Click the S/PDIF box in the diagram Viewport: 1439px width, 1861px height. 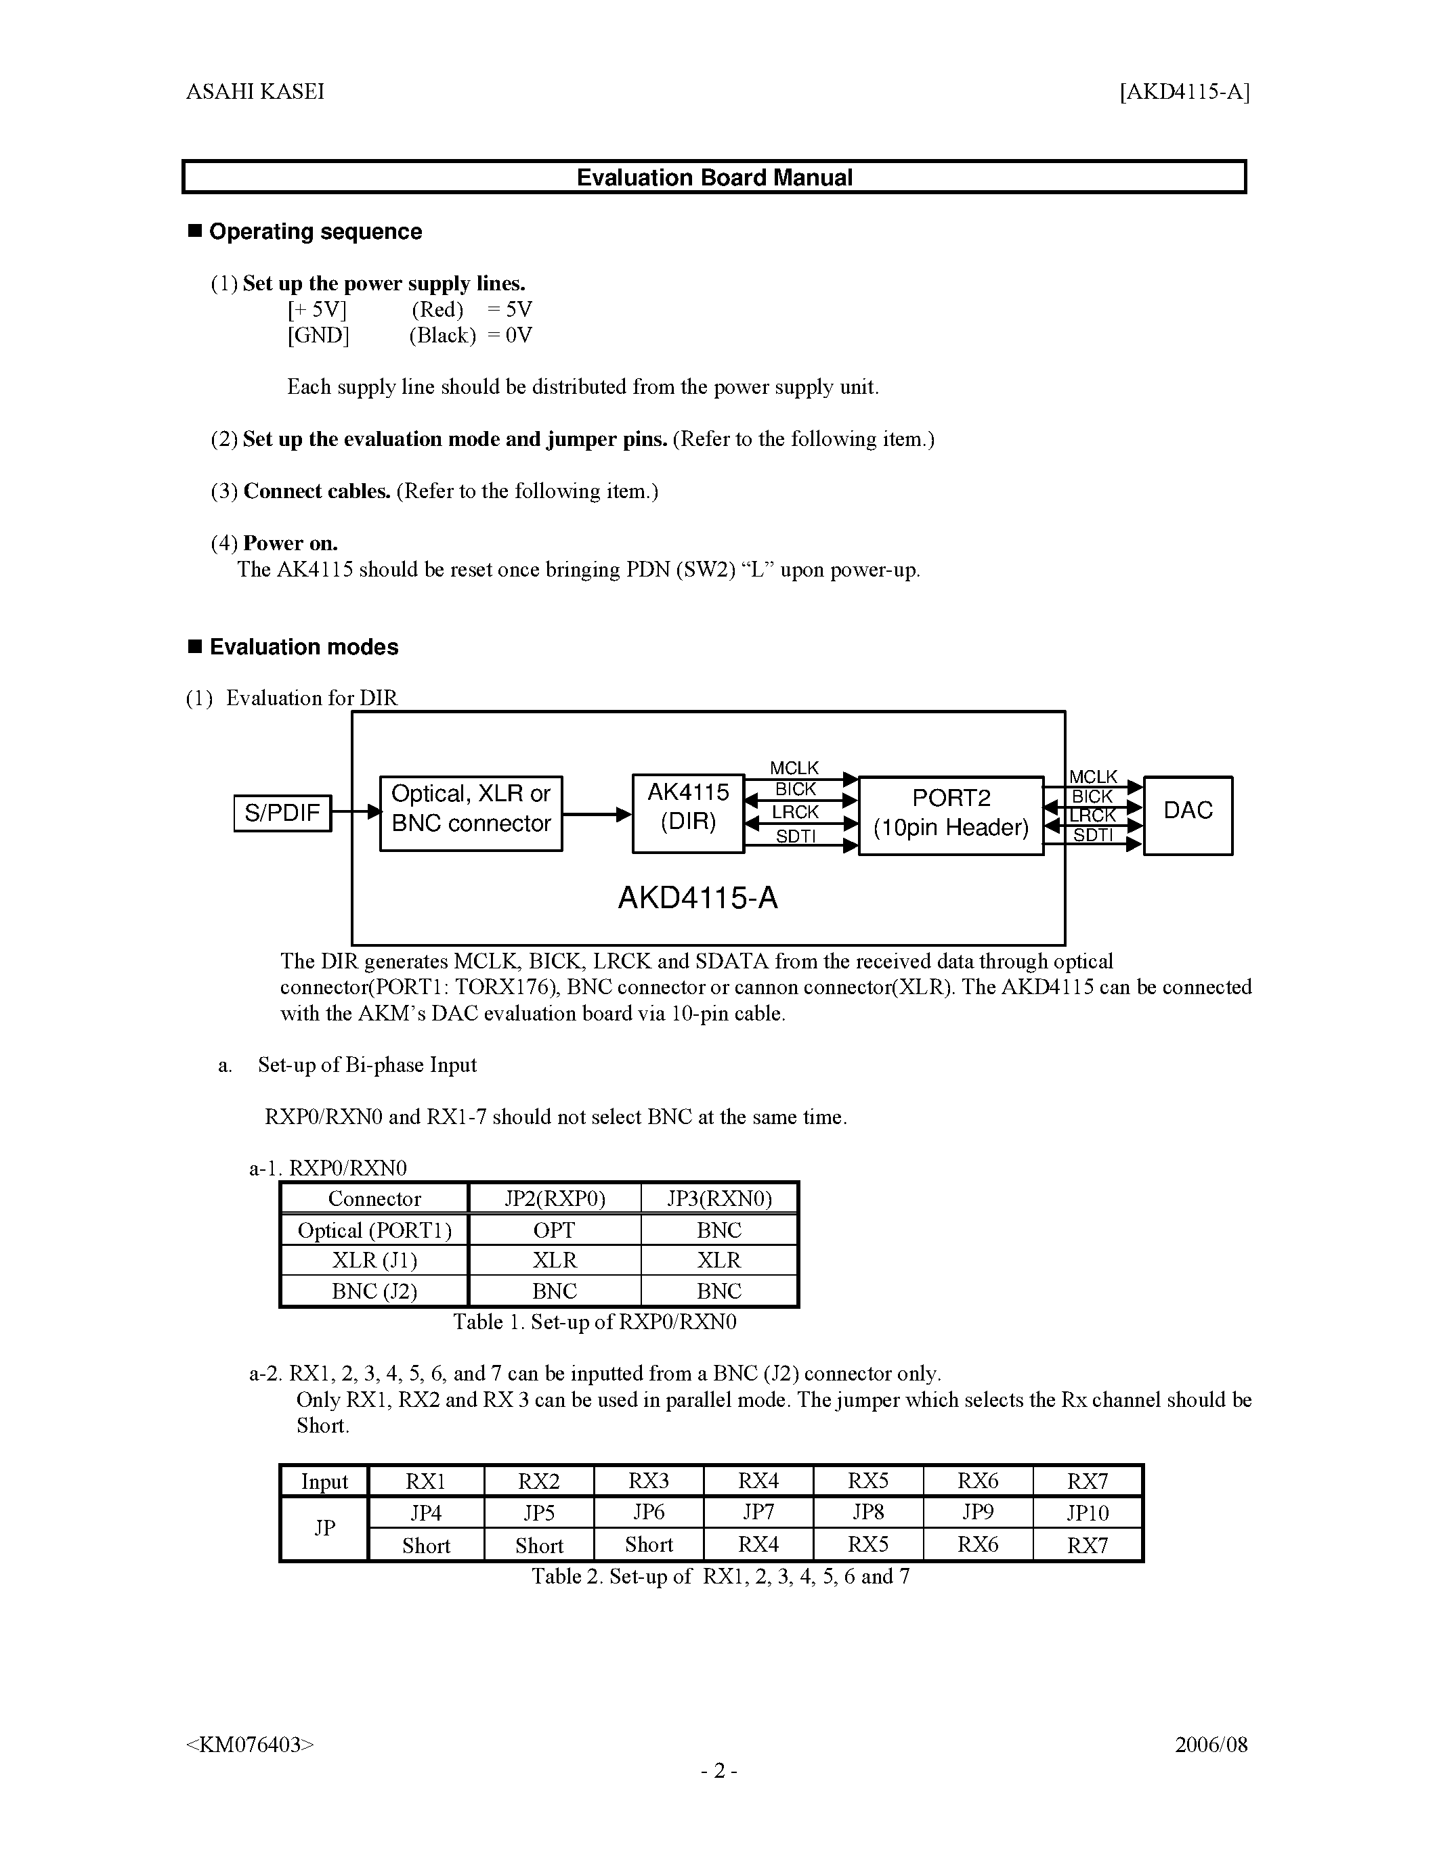(282, 812)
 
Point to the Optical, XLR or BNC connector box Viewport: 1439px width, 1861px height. (471, 812)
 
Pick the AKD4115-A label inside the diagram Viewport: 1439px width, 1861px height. (697, 898)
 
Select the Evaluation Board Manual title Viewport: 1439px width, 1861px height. (714, 177)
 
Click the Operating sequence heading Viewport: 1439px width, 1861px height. (316, 231)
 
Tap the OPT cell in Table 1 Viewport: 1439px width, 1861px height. (554, 1230)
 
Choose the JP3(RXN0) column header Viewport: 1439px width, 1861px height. (718, 1199)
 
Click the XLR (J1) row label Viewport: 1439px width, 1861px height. (374, 1260)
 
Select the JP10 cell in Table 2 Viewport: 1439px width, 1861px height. (1087, 1512)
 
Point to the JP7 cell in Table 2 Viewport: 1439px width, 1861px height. (758, 1512)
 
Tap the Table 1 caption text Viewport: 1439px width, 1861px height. (594, 1322)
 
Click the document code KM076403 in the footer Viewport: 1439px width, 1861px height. (250, 1744)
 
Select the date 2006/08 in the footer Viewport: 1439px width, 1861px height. (1211, 1744)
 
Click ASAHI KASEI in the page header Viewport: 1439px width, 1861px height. (255, 92)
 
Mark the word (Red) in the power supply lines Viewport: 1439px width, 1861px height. (437, 309)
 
